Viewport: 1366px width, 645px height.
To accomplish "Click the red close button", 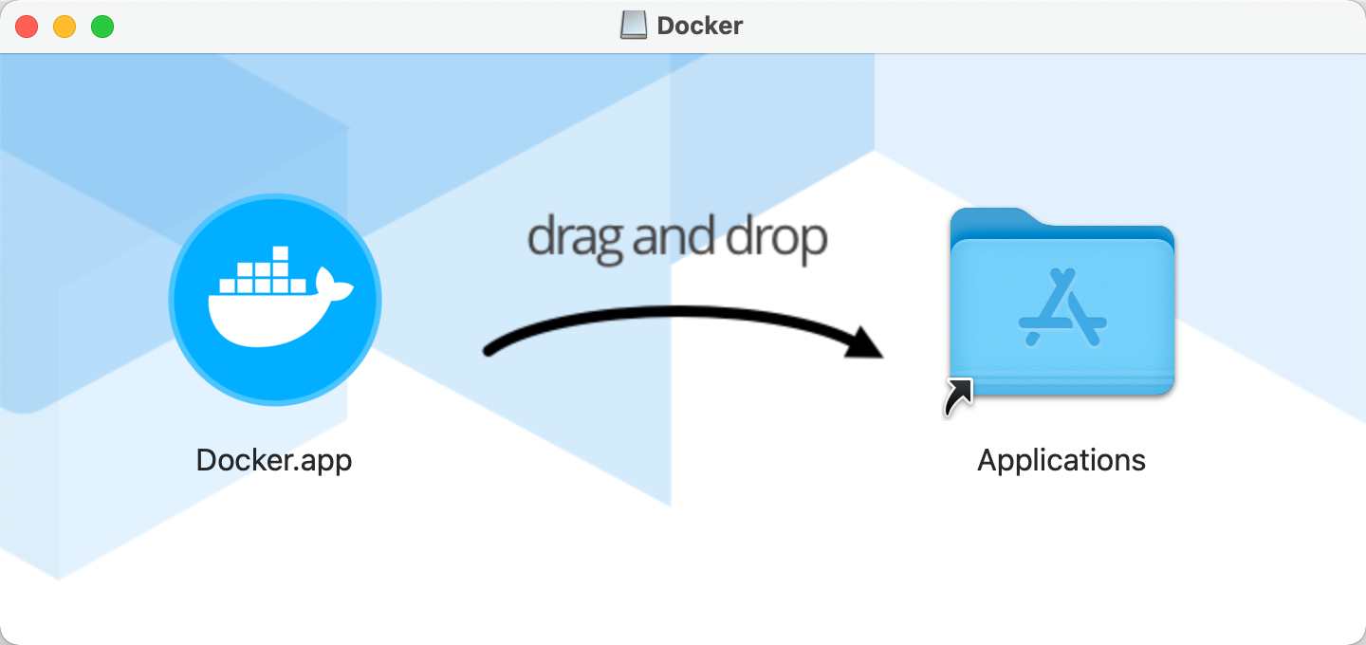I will [x=27, y=27].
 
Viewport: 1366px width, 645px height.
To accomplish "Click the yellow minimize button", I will [x=65, y=27].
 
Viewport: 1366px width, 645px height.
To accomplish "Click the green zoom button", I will [x=102, y=27].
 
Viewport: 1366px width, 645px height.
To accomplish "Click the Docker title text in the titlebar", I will [x=699, y=26].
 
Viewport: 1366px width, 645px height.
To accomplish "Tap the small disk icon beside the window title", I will [x=634, y=26].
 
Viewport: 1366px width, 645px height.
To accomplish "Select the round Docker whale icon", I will [x=275, y=300].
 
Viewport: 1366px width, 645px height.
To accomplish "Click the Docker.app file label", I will [x=274, y=460].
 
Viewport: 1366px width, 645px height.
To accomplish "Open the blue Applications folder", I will [x=1062, y=304].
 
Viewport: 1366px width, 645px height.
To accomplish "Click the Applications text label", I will [x=1061, y=460].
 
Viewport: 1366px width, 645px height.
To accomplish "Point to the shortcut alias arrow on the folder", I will [x=958, y=397].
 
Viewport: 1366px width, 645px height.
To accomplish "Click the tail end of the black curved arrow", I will [x=489, y=351].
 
